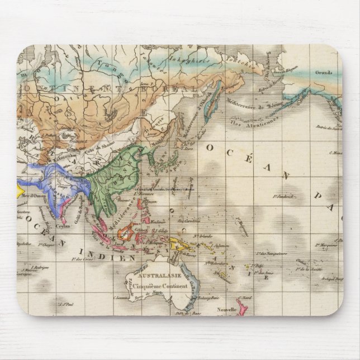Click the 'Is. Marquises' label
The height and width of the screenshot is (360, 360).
(326, 244)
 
